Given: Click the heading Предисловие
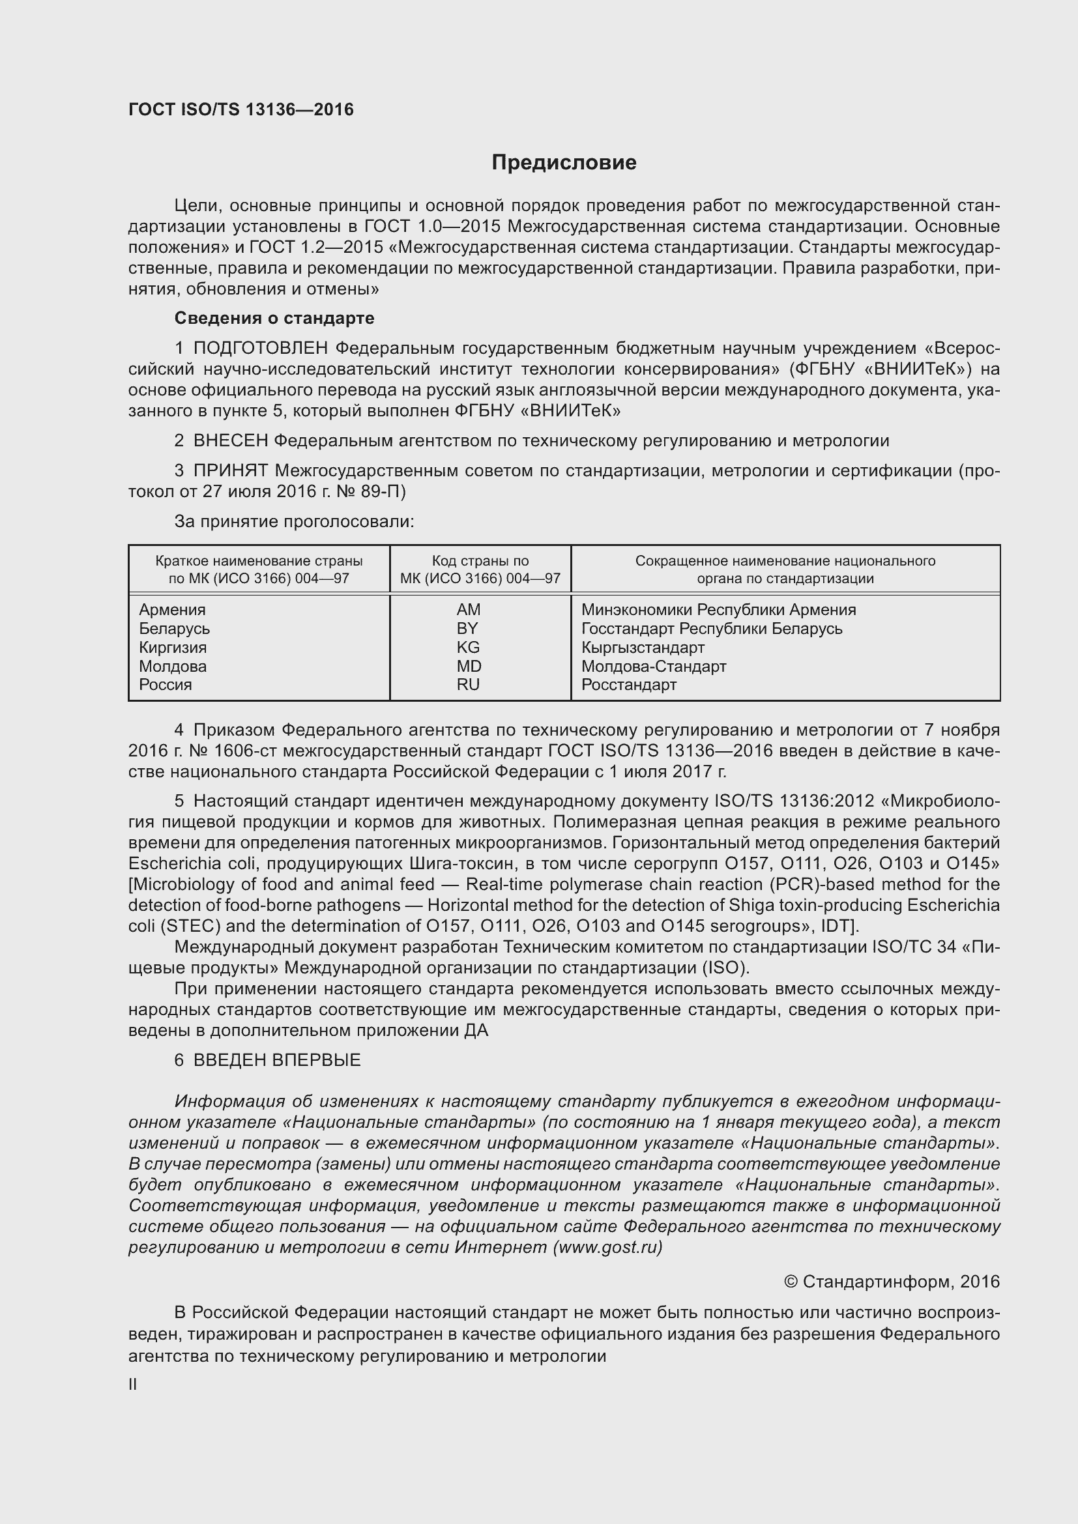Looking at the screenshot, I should click(x=564, y=163).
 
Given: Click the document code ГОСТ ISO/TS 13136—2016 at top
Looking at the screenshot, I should click(x=241, y=109).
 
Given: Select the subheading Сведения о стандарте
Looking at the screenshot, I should click(x=274, y=319).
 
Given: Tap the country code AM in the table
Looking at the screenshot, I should click(x=469, y=609).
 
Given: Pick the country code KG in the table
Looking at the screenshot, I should click(x=468, y=647).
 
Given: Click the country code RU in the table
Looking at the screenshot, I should click(x=468, y=684).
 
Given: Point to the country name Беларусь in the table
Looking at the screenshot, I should click(x=174, y=629).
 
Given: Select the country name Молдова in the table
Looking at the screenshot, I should click(x=173, y=666).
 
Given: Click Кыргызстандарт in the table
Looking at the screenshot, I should click(x=643, y=647).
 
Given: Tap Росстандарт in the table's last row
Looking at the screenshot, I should click(x=628, y=684).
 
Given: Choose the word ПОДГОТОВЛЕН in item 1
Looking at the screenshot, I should click(x=260, y=349).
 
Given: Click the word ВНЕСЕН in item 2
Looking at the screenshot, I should click(x=230, y=440).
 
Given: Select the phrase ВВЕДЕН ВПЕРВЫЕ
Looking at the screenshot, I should click(x=277, y=1060).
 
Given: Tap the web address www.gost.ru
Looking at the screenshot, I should click(x=607, y=1247).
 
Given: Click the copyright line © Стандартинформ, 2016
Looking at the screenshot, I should click(x=892, y=1282).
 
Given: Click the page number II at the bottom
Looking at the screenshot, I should click(x=133, y=1384).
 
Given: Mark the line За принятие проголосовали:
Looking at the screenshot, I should click(x=294, y=522).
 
